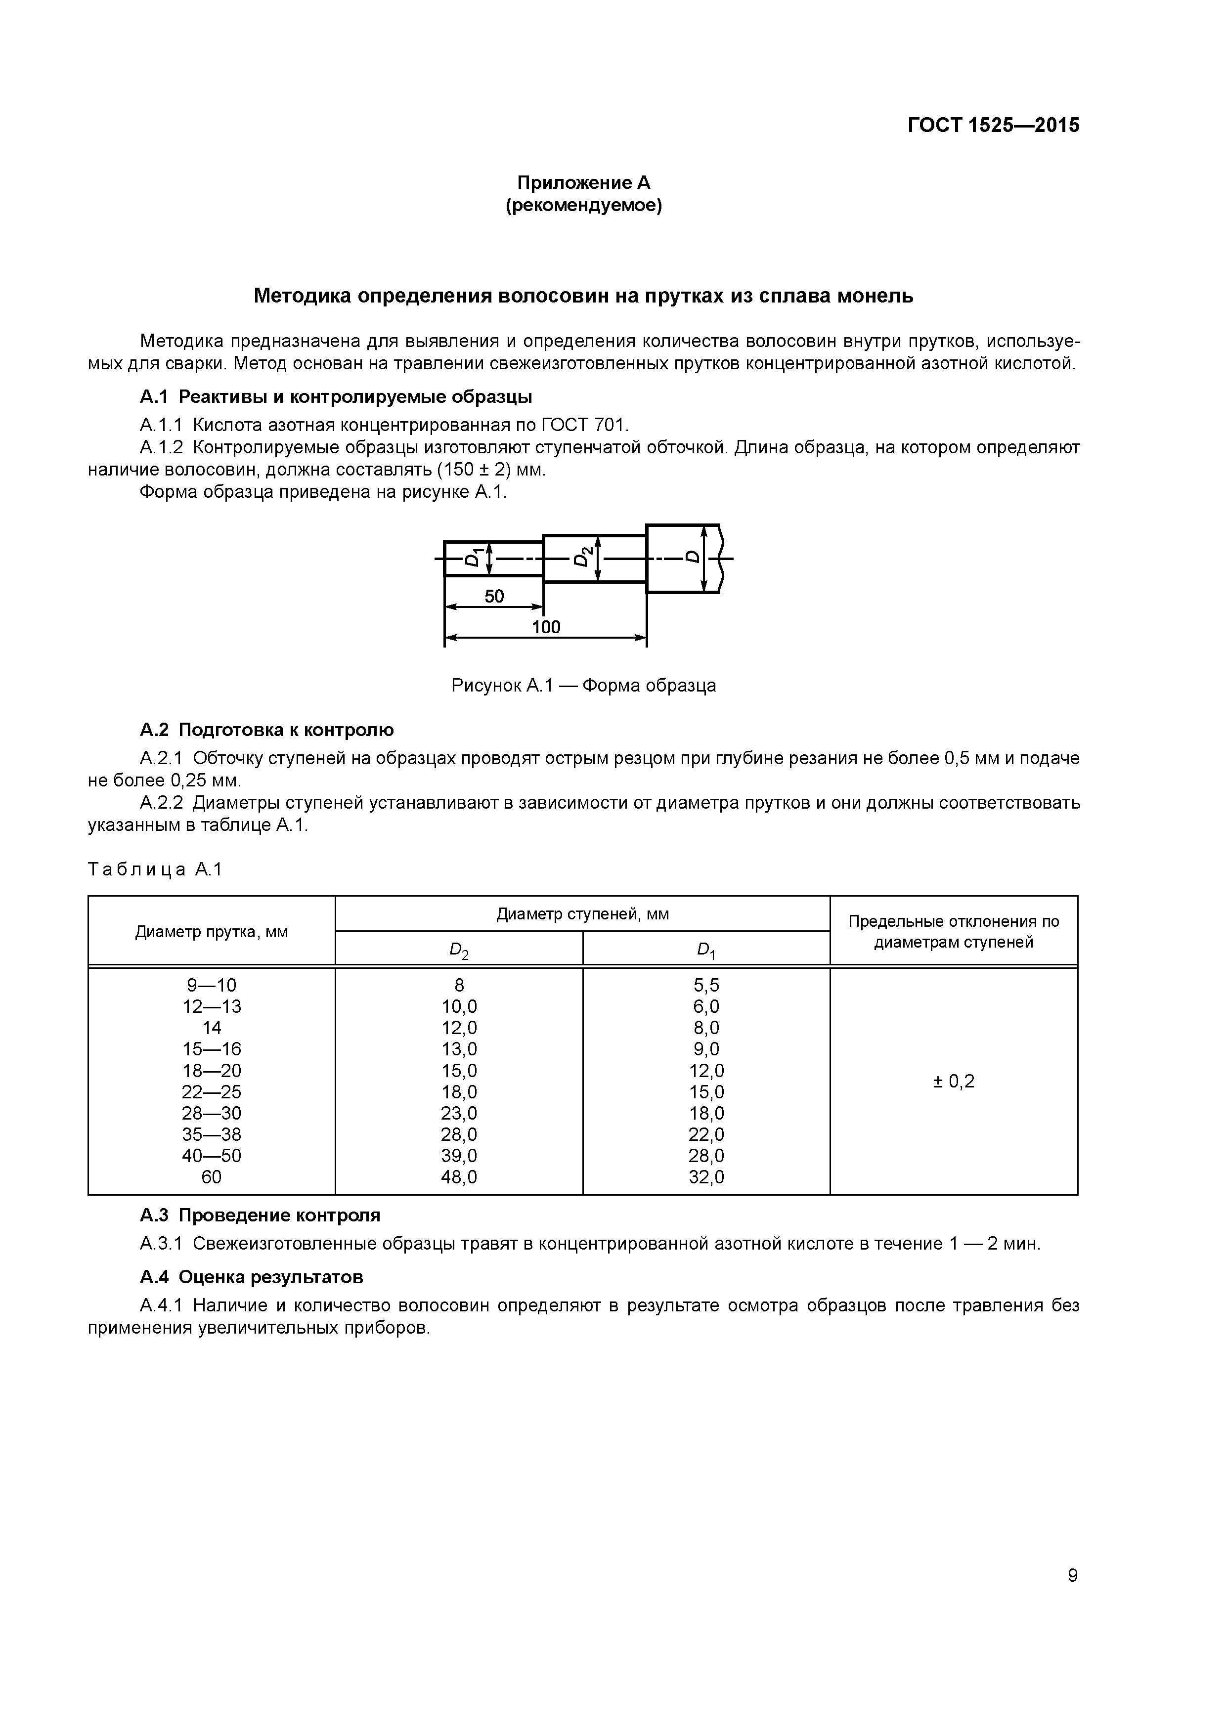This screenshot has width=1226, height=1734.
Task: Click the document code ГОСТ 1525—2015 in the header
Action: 993,125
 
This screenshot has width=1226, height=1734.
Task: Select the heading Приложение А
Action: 583,183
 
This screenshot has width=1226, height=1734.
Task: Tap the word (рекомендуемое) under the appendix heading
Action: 583,206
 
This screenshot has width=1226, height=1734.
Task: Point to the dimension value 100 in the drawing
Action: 545,627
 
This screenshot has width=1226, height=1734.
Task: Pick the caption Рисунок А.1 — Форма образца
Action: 583,686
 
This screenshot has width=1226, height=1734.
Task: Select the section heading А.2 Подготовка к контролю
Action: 266,730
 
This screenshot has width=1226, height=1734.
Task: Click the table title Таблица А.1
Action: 155,869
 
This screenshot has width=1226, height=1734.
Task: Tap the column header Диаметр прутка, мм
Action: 212,932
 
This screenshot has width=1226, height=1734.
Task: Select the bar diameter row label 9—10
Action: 212,985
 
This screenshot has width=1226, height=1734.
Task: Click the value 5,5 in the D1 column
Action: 706,985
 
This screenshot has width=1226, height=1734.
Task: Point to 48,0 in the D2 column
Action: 459,1176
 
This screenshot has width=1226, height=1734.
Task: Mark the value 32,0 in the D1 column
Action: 706,1176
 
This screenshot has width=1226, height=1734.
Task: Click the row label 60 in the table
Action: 212,1176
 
